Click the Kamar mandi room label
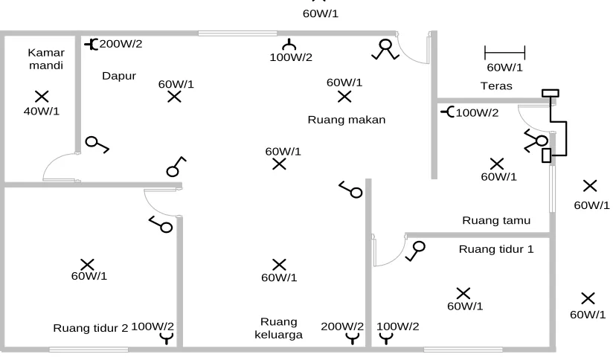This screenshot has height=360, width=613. (46, 59)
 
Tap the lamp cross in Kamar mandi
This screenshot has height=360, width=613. (42, 97)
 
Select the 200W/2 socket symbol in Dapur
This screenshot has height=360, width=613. (91, 44)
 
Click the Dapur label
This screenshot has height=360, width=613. (119, 76)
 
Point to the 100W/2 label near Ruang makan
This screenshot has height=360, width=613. (291, 57)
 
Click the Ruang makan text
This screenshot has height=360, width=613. (347, 120)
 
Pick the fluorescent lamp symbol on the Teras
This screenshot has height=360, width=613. (504, 52)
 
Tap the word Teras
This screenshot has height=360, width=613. (496, 86)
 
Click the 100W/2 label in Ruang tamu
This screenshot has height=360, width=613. (478, 113)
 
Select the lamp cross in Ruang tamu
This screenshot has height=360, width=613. (497, 164)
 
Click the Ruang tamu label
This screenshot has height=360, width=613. (496, 220)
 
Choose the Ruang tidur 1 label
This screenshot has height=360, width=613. (496, 249)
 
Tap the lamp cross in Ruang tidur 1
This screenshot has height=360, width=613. (463, 294)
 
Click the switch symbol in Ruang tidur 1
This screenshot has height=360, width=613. (415, 251)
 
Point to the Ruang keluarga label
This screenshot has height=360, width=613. (278, 328)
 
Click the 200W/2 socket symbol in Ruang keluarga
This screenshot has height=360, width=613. (353, 338)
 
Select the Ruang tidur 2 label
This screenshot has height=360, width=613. (91, 328)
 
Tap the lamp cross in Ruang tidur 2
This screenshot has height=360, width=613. (87, 265)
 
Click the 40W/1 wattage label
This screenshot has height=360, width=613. (42, 112)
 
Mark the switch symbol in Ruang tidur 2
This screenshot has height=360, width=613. (161, 225)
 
